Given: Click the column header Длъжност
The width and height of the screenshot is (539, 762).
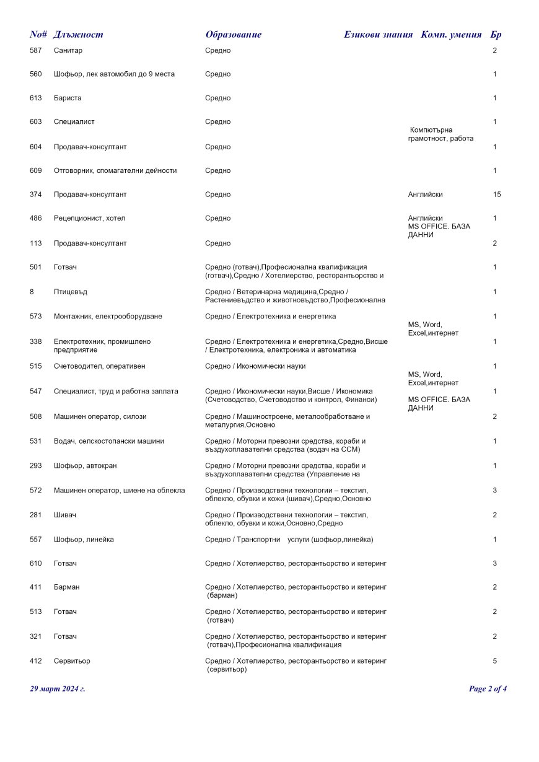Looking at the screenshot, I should click(x=78, y=35).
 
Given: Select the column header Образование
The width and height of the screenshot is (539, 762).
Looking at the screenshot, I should click(x=233, y=35).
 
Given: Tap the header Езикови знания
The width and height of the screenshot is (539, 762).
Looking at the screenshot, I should click(x=378, y=35).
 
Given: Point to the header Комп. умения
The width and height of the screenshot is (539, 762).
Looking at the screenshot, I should click(x=451, y=35).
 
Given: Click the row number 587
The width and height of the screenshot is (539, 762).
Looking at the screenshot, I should click(x=36, y=50).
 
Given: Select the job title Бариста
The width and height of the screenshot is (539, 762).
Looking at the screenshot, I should click(x=68, y=99).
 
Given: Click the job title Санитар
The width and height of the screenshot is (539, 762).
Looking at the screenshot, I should click(x=68, y=50).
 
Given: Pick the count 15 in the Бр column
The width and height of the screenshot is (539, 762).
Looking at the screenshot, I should click(x=497, y=195).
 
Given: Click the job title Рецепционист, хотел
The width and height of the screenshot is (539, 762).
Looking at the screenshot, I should click(x=89, y=219).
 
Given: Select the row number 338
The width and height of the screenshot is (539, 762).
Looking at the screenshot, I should click(x=36, y=341).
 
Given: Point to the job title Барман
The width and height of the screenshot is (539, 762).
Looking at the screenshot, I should click(x=66, y=587).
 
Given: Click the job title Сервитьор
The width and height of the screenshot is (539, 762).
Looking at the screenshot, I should click(x=72, y=661).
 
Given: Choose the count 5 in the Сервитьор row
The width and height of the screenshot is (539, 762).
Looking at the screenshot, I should click(x=495, y=661).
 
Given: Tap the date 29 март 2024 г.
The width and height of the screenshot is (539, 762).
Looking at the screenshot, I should click(x=58, y=689).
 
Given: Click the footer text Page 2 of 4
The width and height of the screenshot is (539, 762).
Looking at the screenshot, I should click(x=488, y=689).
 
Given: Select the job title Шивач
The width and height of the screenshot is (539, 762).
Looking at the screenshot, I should click(x=65, y=515).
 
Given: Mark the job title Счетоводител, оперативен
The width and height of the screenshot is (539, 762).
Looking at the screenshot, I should click(x=99, y=366).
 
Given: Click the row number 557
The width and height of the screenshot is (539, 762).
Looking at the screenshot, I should click(x=36, y=540).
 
